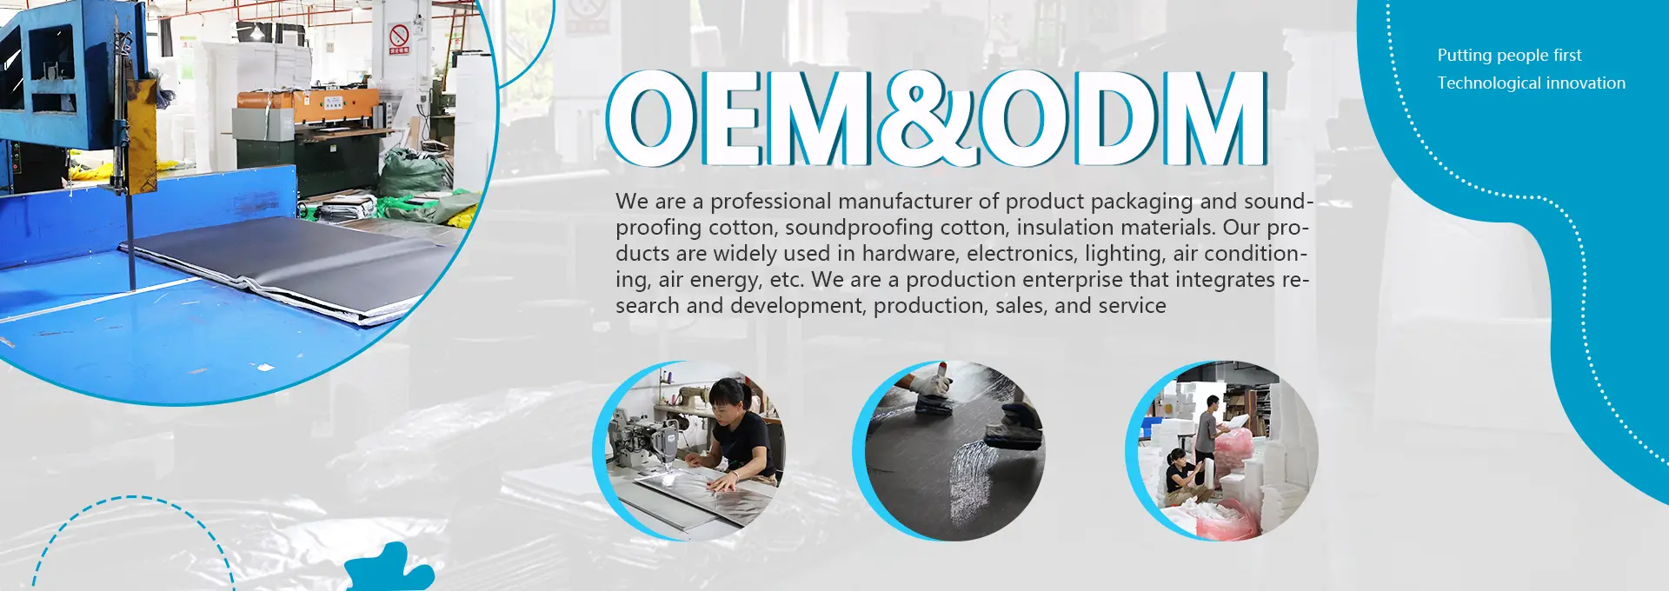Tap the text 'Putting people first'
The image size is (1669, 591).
(x=1509, y=56)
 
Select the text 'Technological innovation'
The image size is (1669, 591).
(x=1531, y=83)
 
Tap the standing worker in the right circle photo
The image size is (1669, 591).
(x=1209, y=429)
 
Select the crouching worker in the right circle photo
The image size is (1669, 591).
(x=1180, y=475)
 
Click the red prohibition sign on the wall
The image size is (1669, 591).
(x=399, y=37)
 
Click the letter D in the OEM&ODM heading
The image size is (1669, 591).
(x=1114, y=119)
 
